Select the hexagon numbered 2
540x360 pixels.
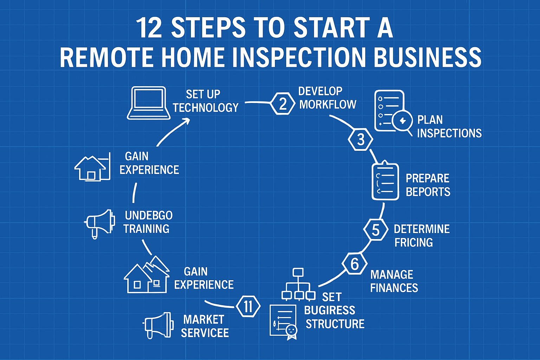point(283,103)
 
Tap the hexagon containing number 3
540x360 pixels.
point(361,140)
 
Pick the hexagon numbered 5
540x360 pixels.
point(375,230)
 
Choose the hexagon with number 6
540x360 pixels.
point(355,264)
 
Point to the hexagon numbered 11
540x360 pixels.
point(248,306)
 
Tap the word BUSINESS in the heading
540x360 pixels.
point(427,57)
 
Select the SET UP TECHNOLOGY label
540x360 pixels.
point(205,101)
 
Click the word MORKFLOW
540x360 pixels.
point(328,104)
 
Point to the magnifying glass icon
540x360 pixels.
point(403,122)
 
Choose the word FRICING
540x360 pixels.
point(413,243)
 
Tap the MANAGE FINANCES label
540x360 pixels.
point(394,281)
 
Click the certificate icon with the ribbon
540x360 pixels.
point(283,322)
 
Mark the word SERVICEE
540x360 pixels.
point(205,333)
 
